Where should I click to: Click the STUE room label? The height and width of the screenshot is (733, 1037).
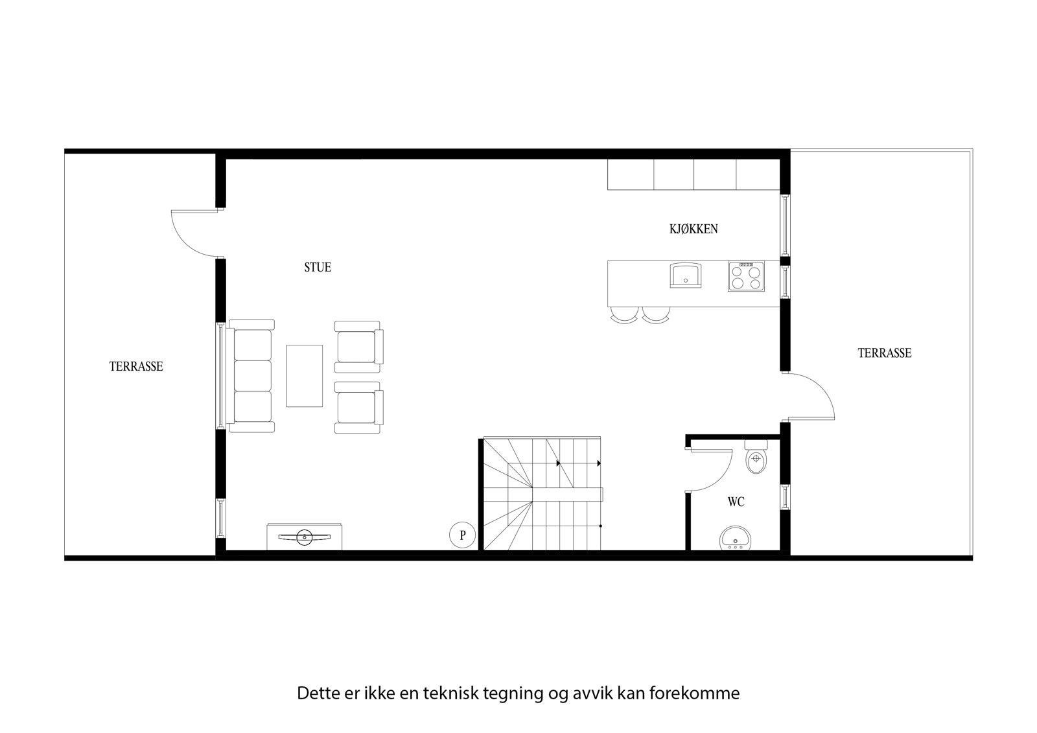318,268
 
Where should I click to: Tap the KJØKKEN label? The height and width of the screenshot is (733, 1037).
693,229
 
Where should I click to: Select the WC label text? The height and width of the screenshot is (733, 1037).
736,502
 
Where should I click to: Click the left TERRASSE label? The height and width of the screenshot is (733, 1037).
136,367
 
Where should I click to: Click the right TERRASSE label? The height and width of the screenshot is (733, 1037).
885,353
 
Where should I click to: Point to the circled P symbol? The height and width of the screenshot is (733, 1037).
463,535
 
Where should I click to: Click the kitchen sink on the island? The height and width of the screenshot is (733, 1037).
685,275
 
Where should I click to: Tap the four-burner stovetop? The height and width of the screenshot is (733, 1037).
745,276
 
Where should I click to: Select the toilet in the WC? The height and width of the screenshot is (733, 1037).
756,459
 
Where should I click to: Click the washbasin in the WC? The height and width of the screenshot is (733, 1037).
736,539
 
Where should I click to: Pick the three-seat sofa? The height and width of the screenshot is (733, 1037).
251,376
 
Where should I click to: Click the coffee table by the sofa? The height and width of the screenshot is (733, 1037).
305,376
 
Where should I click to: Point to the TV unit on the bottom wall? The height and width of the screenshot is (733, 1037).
305,537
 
